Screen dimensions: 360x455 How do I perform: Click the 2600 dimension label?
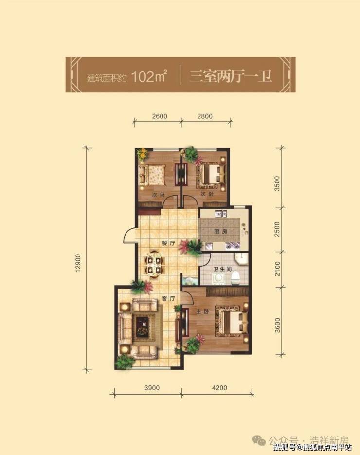coord(159,116)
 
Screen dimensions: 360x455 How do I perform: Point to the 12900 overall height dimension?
coord(78,263)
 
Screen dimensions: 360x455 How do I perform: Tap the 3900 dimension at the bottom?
coord(152,388)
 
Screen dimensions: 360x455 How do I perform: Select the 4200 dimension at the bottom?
coord(219,388)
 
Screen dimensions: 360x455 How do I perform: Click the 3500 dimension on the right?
coord(277,183)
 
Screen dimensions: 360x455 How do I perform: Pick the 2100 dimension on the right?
coord(277,269)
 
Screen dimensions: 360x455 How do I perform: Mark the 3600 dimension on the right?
coord(277,325)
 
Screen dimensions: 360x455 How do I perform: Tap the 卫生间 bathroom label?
coord(223,269)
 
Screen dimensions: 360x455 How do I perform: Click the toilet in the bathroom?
coord(235,277)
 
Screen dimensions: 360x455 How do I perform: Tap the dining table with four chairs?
coord(154,265)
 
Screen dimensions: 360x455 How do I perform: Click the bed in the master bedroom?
coord(231,322)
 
